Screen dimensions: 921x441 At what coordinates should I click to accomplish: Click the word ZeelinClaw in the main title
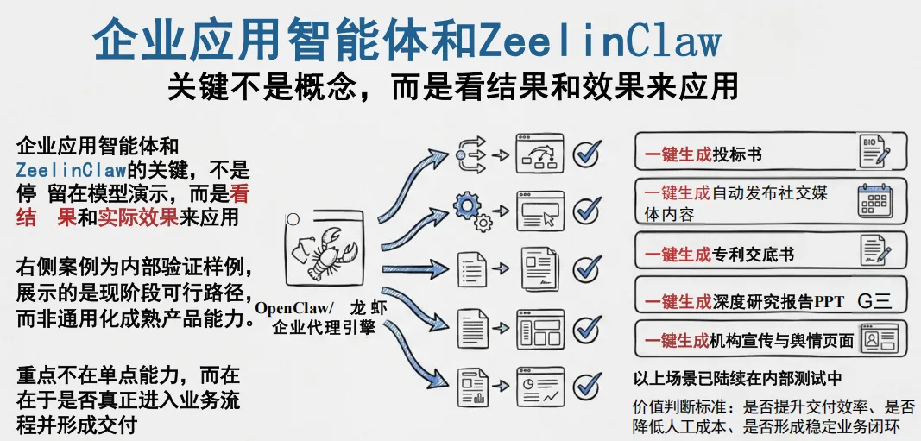pyautogui.click(x=599, y=39)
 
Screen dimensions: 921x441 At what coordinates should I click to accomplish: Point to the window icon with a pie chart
pyautogui.click(x=539, y=385)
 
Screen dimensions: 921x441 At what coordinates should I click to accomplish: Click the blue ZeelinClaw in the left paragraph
pyautogui.click(x=71, y=168)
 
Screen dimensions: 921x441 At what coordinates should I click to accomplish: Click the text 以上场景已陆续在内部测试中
pyautogui.click(x=737, y=378)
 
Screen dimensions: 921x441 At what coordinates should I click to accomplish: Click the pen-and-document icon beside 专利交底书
pyautogui.click(x=874, y=251)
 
